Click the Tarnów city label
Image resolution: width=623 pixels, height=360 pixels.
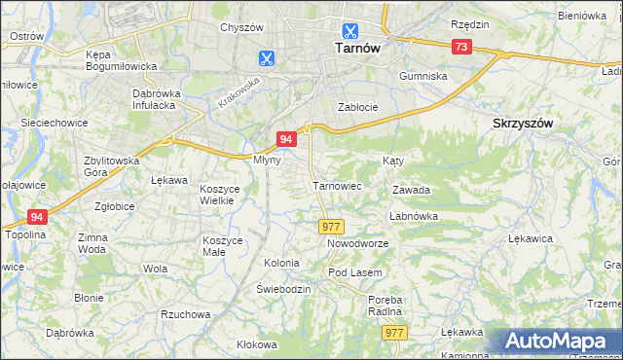click(x=348, y=47)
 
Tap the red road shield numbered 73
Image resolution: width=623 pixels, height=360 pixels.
click(x=462, y=47)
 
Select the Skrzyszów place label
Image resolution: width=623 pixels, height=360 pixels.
click(x=523, y=124)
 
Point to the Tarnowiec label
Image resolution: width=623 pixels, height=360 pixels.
click(x=337, y=185)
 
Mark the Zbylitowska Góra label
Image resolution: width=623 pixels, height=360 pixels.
click(x=112, y=166)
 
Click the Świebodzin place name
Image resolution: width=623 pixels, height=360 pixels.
click(x=283, y=290)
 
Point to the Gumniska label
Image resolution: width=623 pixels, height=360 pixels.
click(x=422, y=75)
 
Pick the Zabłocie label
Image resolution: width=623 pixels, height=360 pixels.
click(x=356, y=107)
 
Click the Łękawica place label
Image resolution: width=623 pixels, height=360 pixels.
click(x=530, y=238)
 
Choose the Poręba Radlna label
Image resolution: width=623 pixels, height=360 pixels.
click(x=385, y=306)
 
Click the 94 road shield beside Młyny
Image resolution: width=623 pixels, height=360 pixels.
click(x=286, y=139)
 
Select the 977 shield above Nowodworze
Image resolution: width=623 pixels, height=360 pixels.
click(x=330, y=226)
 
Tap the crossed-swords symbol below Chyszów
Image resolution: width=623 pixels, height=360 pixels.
click(x=266, y=57)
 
